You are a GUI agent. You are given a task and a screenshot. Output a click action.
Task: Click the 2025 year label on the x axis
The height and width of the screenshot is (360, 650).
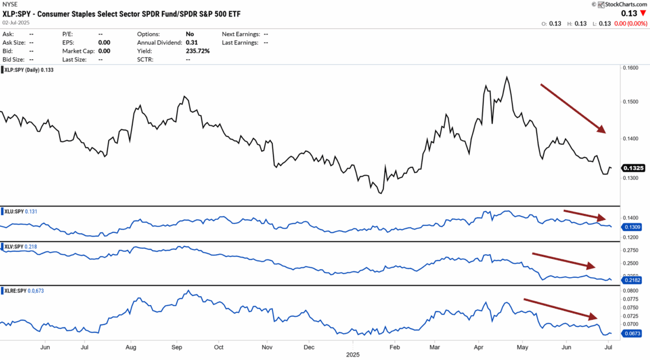click(353, 355)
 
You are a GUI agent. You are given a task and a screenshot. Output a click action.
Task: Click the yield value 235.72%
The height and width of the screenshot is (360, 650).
click(197, 51)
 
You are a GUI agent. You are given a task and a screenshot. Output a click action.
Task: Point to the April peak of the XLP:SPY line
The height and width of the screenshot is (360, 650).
click(506, 77)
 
